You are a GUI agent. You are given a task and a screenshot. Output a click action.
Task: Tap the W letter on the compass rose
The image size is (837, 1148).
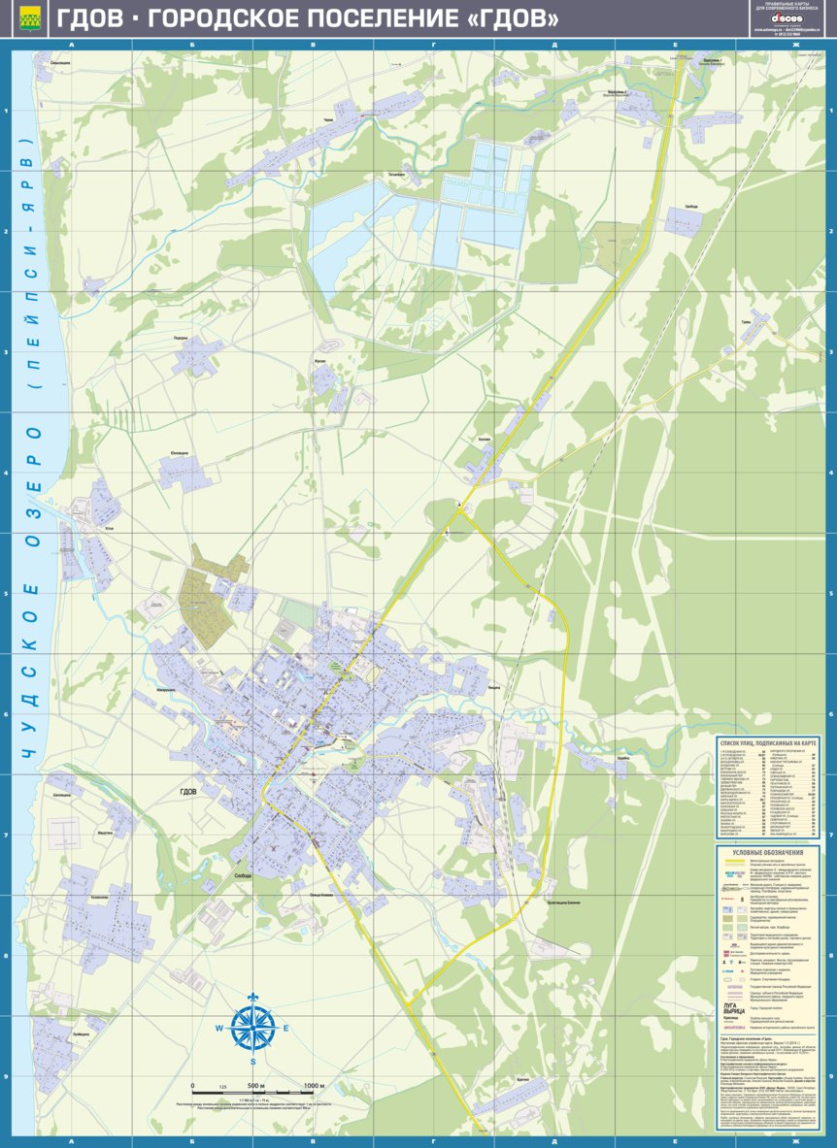click(x=219, y=1029)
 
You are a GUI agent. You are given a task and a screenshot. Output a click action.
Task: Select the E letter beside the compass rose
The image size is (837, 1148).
click(x=285, y=1029)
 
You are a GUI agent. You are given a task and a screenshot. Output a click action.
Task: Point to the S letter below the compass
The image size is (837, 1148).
click(x=252, y=1061)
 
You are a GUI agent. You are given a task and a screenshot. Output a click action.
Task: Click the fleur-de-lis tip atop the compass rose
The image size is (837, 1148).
click(x=252, y=999)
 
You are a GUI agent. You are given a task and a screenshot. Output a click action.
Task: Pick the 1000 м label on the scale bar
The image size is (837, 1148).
click(x=313, y=1085)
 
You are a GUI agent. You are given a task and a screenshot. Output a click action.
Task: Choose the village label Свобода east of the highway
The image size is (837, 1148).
click(x=690, y=207)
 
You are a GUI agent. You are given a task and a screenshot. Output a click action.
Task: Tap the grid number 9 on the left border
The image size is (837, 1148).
click(x=6, y=1075)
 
